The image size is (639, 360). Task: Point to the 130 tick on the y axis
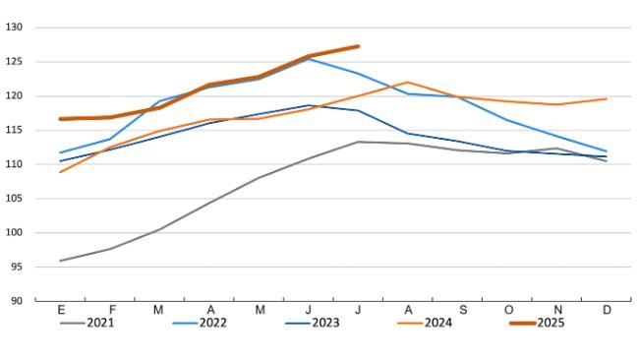[15, 28]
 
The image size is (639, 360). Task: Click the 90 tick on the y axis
[18, 300]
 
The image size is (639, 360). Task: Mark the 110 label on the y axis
[15, 164]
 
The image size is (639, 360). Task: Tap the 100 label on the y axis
[15, 232]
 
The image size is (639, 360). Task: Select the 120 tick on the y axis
[15, 96]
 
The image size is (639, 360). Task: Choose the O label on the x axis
[507, 309]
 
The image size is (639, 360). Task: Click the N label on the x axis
[556, 309]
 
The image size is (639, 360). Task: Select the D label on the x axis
[607, 309]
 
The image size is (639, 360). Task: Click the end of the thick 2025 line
[358, 46]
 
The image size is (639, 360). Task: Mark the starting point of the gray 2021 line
[60, 261]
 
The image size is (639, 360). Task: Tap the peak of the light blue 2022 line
[309, 59]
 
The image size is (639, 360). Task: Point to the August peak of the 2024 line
[408, 83]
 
